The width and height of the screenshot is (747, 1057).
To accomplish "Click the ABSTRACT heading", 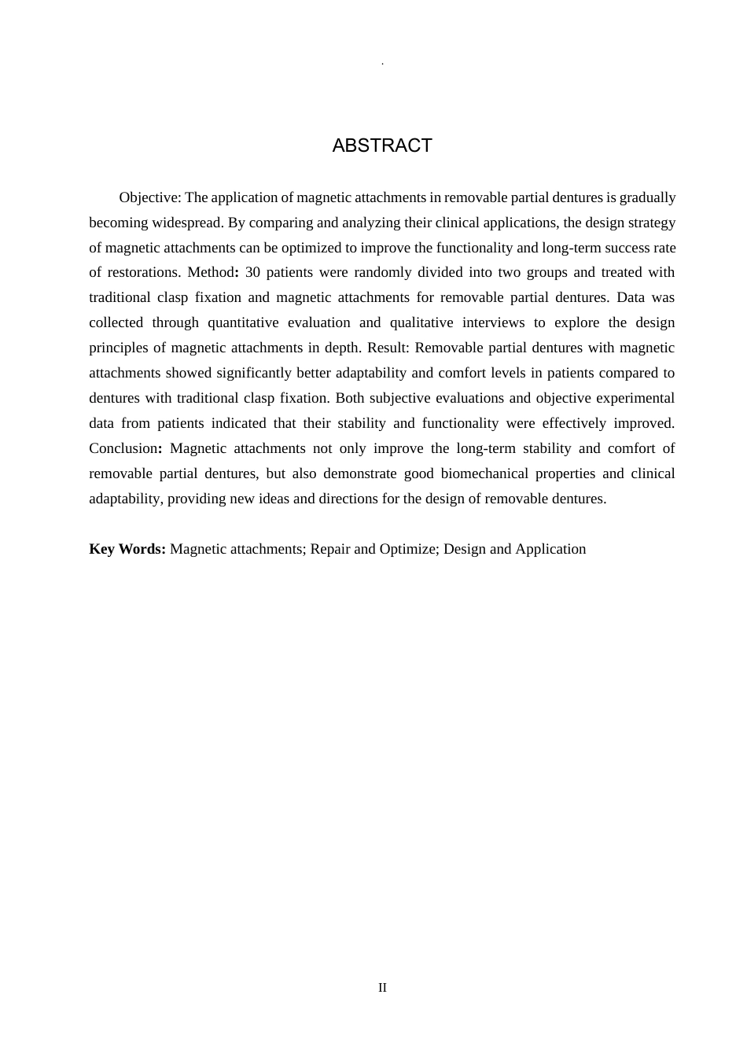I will tap(382, 146).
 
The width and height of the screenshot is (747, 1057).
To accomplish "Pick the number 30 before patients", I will tap(252, 273).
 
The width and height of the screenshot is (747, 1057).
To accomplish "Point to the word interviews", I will tap(493, 322).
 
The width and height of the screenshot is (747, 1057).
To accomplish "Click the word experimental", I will tap(630, 398).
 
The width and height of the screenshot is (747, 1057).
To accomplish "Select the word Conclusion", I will tap(123, 448).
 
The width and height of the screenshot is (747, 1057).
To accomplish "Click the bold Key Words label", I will tap(127, 549).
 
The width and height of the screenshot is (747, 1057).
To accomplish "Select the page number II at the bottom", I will tap(382, 988).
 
